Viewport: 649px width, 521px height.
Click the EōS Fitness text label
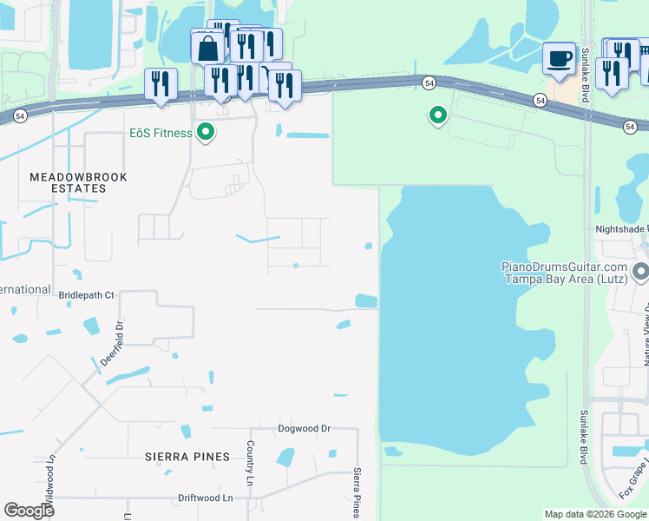point(161,133)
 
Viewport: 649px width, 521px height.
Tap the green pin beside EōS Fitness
point(206,133)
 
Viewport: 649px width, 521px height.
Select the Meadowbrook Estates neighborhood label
point(78,182)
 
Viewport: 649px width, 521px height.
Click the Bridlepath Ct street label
point(86,295)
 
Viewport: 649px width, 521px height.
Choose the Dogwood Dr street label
point(305,429)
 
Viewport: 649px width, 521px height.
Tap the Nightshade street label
point(620,229)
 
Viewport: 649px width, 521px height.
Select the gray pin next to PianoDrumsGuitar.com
point(640,273)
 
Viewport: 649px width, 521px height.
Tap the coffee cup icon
point(559,59)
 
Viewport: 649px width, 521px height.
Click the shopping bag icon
point(208,49)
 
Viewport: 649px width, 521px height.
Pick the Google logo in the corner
point(29,511)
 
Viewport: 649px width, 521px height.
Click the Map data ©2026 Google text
point(594,514)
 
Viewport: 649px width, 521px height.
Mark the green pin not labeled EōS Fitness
point(438,115)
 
